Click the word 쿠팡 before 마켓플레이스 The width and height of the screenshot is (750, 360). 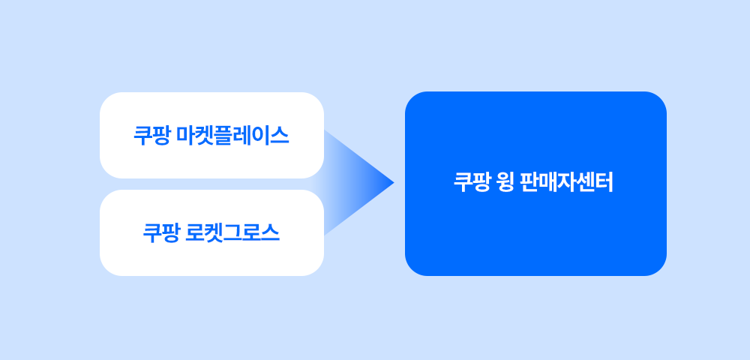pos(151,136)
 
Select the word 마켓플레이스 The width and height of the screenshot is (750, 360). pos(232,136)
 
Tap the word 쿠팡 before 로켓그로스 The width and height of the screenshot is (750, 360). pos(161,232)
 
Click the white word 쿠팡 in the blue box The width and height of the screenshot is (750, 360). pos(472,183)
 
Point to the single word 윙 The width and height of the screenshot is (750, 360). pos(506,183)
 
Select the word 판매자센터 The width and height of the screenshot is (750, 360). pos(567,183)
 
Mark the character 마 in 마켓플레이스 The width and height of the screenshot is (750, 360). pos(185,136)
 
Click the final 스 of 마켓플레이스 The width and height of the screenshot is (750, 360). pos(280,136)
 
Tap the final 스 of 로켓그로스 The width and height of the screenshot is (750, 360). pos(270,232)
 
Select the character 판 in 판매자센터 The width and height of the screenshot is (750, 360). pos(529,183)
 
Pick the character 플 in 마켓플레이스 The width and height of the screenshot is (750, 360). pos(223,136)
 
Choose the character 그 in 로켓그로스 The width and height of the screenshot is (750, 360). pos(232,232)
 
